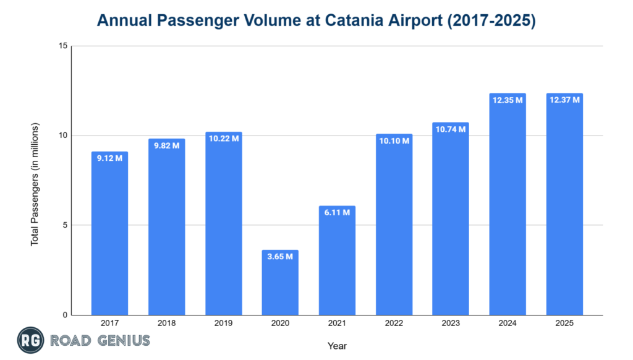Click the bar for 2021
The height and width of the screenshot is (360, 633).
click(337, 260)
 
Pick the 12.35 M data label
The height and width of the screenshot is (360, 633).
click(508, 100)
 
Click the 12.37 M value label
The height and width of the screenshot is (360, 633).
click(564, 100)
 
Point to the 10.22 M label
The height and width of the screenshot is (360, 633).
click(223, 139)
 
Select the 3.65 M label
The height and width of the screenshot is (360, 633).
click(280, 257)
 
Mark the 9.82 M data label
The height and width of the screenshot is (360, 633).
click(166, 145)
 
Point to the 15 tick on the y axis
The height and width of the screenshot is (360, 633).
click(62, 46)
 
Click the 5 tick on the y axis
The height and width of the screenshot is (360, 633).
click(64, 226)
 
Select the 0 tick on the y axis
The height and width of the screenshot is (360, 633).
click(64, 315)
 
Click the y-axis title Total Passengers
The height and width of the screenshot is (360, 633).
click(35, 184)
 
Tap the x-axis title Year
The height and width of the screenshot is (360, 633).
click(337, 345)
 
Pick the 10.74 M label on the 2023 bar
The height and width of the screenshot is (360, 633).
click(451, 129)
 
